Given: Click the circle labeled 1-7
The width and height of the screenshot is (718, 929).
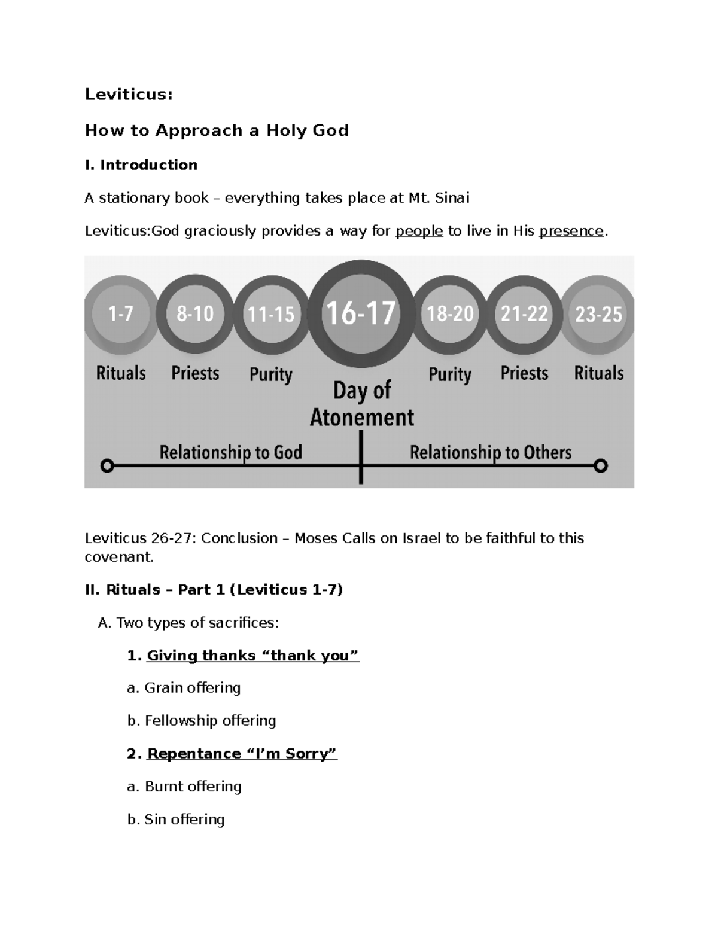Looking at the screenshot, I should click(121, 313).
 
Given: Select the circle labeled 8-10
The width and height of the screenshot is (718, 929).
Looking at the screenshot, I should click(195, 313).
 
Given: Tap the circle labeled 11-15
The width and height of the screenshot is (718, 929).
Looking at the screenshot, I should click(271, 314).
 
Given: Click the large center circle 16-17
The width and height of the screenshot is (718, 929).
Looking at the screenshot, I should click(360, 313).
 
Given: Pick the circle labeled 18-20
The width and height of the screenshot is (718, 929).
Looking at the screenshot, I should click(450, 313).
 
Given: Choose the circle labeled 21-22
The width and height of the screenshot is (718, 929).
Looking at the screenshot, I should click(525, 313).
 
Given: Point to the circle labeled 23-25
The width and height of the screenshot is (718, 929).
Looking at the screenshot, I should click(598, 314).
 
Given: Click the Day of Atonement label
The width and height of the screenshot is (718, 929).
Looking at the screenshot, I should click(362, 404).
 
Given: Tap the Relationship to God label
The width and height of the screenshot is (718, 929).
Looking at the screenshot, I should click(230, 452).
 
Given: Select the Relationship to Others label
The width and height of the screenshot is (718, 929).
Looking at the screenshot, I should click(491, 452).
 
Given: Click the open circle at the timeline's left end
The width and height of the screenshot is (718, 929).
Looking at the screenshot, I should click(107, 465).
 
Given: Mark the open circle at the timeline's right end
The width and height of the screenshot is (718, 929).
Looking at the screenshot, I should click(601, 465).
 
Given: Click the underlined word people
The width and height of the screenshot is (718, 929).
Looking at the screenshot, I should click(419, 231).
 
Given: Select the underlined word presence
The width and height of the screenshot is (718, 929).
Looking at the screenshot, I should click(571, 231).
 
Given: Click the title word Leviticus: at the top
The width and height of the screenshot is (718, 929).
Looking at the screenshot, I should click(129, 95).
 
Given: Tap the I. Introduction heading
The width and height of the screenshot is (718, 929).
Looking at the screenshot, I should click(141, 165).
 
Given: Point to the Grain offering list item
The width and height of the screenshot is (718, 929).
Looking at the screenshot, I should click(184, 688).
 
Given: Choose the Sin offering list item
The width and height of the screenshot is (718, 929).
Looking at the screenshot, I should click(176, 820).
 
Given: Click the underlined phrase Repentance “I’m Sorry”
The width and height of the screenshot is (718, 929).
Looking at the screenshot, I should click(242, 754).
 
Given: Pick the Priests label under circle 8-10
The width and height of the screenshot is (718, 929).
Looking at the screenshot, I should click(195, 373).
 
